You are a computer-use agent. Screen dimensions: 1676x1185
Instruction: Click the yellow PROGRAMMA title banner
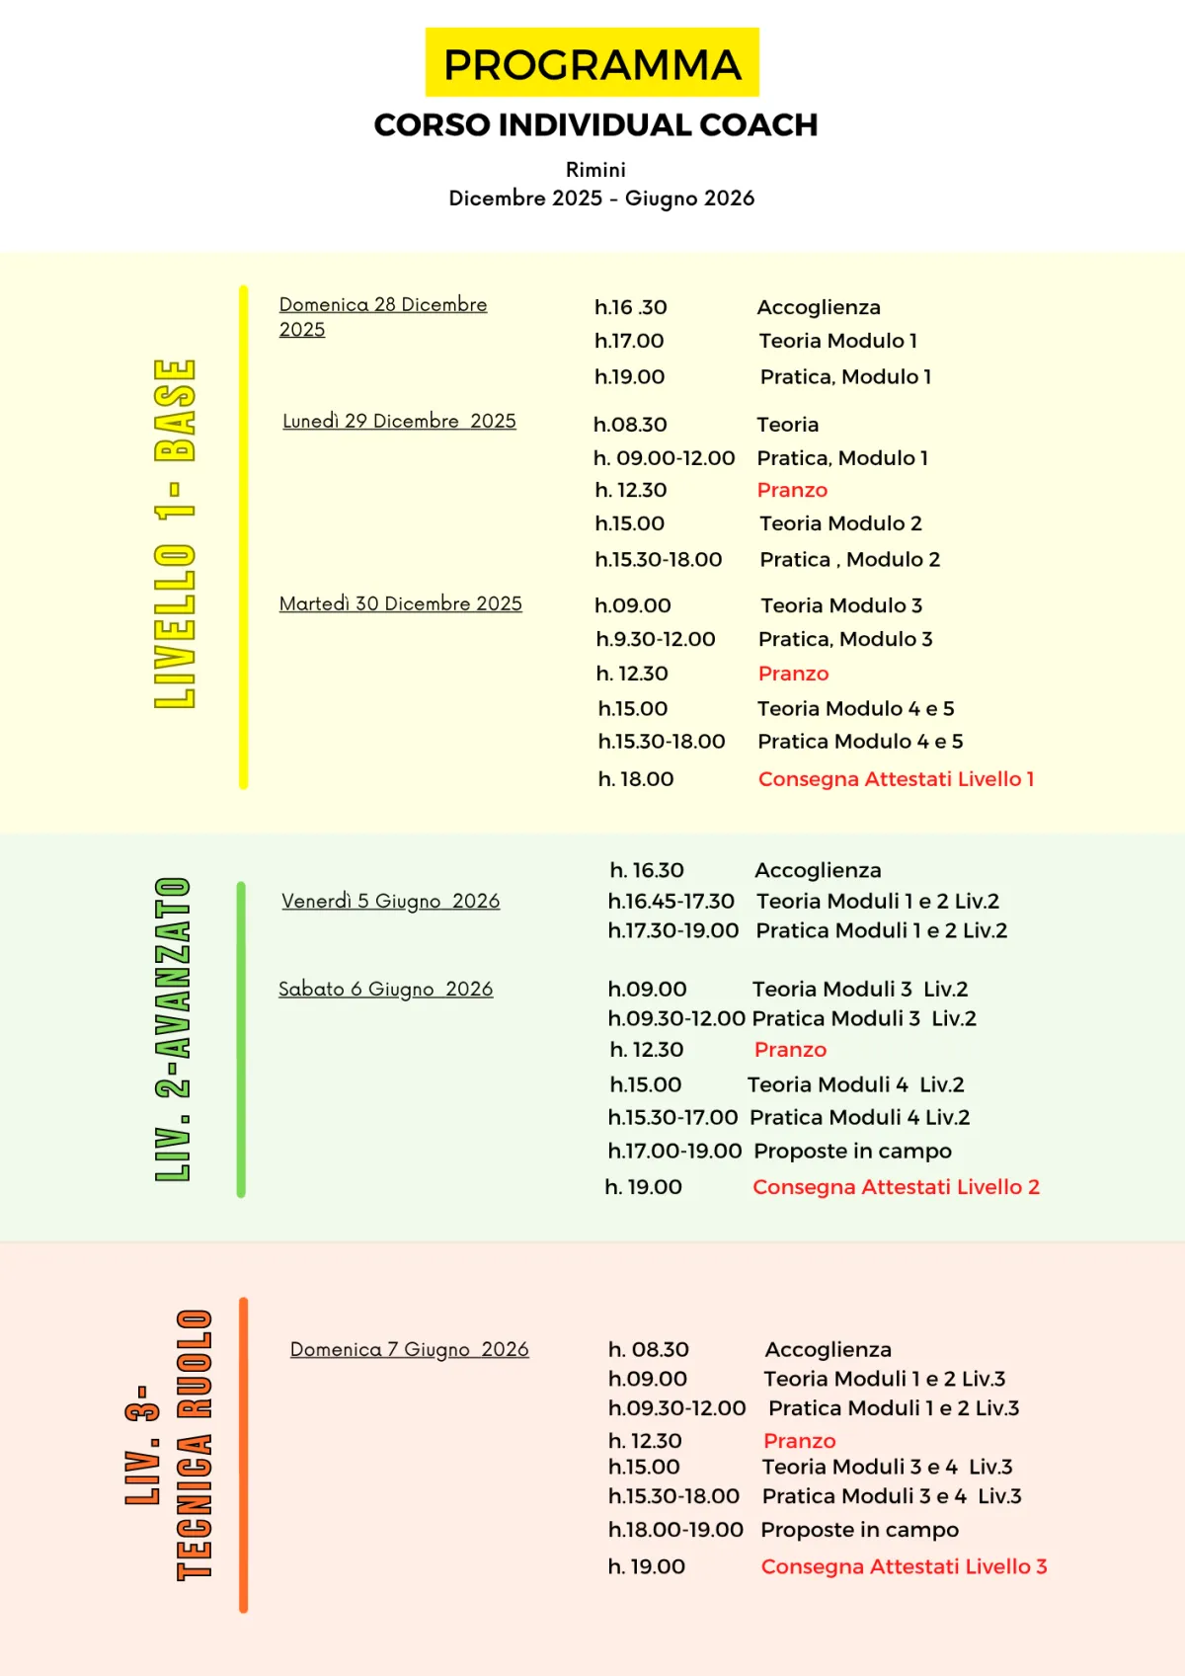click(x=592, y=63)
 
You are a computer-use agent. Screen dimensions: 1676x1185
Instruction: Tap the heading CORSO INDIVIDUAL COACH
click(x=595, y=125)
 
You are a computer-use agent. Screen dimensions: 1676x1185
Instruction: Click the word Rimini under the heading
click(x=595, y=170)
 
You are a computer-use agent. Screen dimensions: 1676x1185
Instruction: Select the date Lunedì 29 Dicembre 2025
click(x=399, y=421)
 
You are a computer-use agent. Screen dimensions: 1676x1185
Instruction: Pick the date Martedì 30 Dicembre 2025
click(x=400, y=603)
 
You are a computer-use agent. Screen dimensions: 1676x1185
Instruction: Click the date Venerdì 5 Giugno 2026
click(x=390, y=901)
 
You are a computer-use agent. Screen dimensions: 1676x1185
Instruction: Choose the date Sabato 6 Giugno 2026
click(x=385, y=989)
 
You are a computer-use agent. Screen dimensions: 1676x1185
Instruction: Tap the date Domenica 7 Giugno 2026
click(x=409, y=1349)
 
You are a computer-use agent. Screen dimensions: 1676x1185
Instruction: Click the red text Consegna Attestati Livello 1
click(x=896, y=779)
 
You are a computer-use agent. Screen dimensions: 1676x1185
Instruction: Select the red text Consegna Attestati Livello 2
click(x=896, y=1187)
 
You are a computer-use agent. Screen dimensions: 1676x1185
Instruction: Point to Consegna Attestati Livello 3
click(x=904, y=1566)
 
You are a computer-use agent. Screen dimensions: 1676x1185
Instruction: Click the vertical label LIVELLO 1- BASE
click(x=176, y=533)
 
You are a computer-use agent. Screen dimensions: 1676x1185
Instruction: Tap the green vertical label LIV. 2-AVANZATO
click(x=173, y=1029)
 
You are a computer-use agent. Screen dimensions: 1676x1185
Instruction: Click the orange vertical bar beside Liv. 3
click(x=244, y=1454)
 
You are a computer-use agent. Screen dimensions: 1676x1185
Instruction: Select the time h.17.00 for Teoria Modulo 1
click(x=629, y=341)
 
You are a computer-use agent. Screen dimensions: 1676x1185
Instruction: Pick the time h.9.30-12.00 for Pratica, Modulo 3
click(x=656, y=639)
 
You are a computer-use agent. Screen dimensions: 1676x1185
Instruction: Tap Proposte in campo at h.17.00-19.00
click(x=852, y=1151)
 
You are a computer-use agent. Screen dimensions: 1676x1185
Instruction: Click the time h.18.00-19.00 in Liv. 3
click(x=675, y=1530)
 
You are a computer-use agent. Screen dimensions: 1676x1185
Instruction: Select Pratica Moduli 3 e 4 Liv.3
click(x=892, y=1496)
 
